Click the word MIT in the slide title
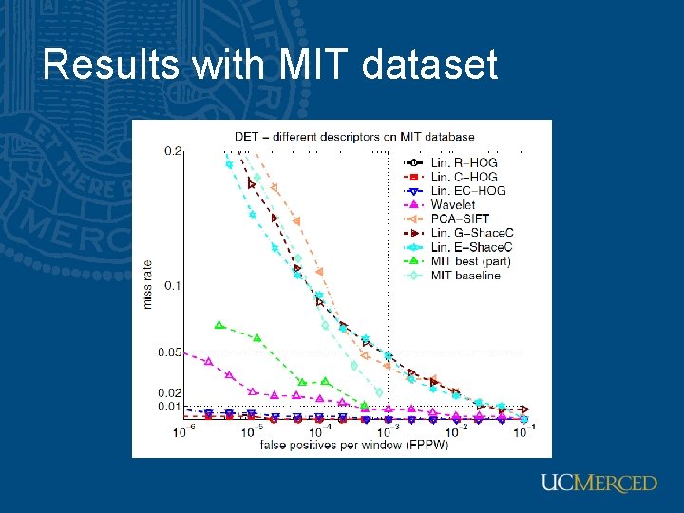[312, 66]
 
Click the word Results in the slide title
[109, 66]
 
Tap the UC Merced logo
[598, 484]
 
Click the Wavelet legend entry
[453, 204]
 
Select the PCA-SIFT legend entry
[457, 218]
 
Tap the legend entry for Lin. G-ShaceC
[472, 233]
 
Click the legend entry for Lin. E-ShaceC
[472, 247]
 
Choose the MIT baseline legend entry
[465, 275]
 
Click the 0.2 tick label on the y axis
[173, 151]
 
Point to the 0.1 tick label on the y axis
[173, 285]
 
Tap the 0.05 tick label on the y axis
[170, 352]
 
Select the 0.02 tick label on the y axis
[170, 392]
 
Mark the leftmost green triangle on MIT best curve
[219, 325]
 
